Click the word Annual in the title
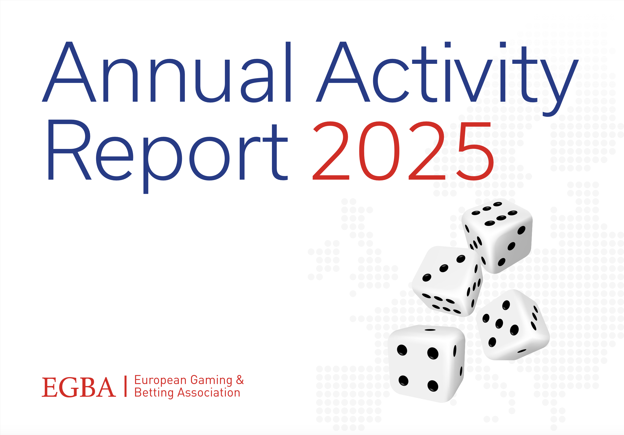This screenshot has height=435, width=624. pyautogui.click(x=166, y=72)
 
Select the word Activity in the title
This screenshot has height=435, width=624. pyautogui.click(x=447, y=79)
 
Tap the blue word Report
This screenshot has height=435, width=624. pyautogui.click(x=168, y=157)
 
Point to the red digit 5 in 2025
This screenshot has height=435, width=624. pyautogui.click(x=475, y=151)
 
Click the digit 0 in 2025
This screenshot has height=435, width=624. pyautogui.click(x=379, y=151)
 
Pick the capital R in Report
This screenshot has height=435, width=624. pyautogui.click(x=69, y=150)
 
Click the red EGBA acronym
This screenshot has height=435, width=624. pyautogui.click(x=79, y=387)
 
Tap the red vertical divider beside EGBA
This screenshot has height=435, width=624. pyautogui.click(x=125, y=386)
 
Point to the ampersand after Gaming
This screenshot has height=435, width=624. pyautogui.click(x=240, y=380)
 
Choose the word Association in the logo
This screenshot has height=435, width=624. pyautogui.click(x=209, y=393)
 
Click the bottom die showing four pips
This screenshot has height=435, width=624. pyautogui.click(x=426, y=364)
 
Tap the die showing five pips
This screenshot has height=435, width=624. pyautogui.click(x=513, y=325)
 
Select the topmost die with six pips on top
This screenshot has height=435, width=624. pyautogui.click(x=497, y=236)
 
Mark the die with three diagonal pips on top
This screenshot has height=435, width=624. pyautogui.click(x=447, y=281)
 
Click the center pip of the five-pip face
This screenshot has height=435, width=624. pyautogui.click(x=499, y=324)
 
